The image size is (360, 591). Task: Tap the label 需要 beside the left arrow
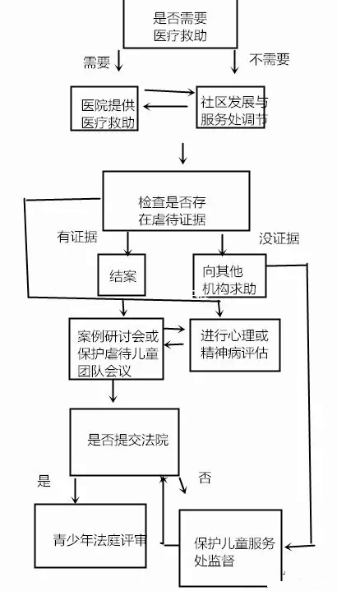pyautogui.click(x=96, y=62)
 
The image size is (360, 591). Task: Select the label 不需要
pyautogui.click(x=269, y=59)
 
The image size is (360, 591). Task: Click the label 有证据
pyautogui.click(x=77, y=237)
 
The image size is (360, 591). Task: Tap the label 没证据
pyautogui.click(x=279, y=238)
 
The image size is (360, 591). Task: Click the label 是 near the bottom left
pyautogui.click(x=44, y=481)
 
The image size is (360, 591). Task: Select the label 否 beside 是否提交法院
pyautogui.click(x=205, y=478)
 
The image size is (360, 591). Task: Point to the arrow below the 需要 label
pyautogui.click(x=118, y=60)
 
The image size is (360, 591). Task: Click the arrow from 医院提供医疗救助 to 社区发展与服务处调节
pyautogui.click(x=169, y=91)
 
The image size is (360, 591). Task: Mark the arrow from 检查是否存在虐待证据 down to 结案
pyautogui.click(x=127, y=243)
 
